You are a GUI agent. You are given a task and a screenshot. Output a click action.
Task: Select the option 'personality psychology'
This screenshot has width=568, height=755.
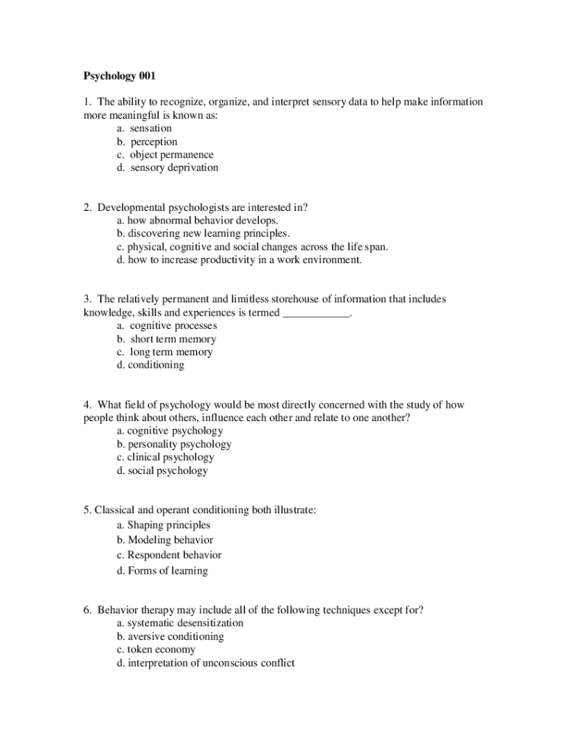pos(173,444)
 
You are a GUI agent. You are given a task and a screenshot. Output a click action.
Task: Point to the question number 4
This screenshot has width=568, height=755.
pos(87,405)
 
